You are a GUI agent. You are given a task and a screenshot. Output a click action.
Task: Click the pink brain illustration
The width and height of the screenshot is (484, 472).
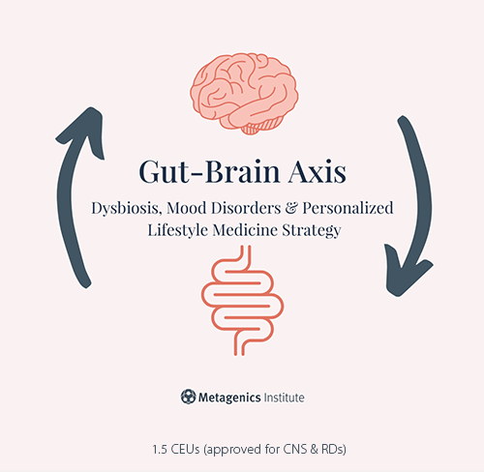coord(244,94)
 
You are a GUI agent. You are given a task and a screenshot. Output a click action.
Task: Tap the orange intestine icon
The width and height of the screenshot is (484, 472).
coord(243,301)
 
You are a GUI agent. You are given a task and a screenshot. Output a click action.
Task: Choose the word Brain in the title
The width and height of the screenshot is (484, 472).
coord(242,171)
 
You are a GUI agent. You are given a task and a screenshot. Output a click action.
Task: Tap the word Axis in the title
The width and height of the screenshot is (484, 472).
coord(318,171)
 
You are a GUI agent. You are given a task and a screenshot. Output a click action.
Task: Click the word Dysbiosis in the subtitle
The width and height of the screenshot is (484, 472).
coord(126,208)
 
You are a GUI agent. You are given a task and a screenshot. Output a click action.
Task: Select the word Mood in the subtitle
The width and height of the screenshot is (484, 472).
coord(187,208)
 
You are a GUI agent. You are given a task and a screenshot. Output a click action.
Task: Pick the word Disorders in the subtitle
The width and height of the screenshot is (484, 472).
coord(246,208)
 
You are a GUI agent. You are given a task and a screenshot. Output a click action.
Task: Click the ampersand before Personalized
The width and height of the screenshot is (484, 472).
coord(291,208)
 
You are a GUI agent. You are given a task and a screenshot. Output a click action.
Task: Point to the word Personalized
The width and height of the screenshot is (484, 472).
coord(348,208)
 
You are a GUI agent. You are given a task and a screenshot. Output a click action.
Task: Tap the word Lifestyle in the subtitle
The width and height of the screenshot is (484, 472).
coord(177,231)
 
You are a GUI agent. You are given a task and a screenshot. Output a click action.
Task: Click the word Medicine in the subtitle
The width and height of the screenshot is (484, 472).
coord(245,230)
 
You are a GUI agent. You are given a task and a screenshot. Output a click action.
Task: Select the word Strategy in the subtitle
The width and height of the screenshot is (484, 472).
coord(312,231)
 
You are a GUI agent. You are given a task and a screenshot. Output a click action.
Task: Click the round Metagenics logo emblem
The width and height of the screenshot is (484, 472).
coord(188,397)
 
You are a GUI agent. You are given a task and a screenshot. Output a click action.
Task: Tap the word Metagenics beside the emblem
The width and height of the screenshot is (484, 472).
coord(229,398)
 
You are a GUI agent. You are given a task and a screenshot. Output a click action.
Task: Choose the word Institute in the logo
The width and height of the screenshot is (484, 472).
coord(284,398)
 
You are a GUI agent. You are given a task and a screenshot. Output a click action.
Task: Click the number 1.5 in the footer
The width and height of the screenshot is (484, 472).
coord(160,449)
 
